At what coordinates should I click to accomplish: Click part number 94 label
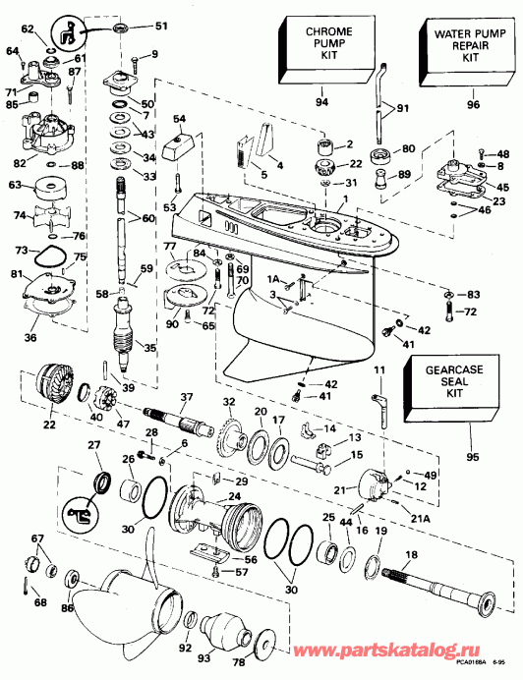coord(320,102)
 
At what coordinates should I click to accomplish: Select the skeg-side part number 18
coord(411,555)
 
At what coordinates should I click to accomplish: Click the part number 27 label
coord(94,445)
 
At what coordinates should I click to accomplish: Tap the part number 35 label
coord(150,347)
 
